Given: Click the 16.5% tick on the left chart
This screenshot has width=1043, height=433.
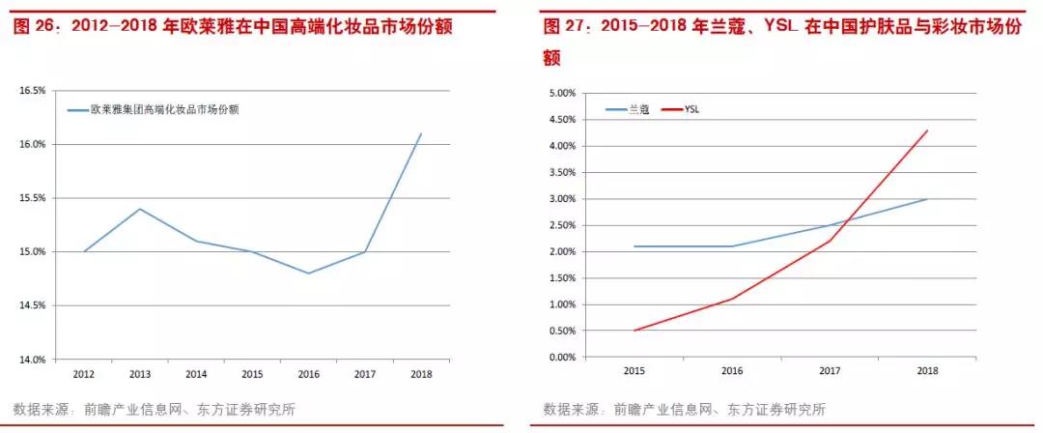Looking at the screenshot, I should click(33, 91).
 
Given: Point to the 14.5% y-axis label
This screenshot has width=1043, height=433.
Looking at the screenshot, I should click(33, 305).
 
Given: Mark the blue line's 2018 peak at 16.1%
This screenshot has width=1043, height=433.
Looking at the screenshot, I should click(421, 133).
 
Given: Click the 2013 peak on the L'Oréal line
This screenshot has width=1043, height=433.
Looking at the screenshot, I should click(141, 209).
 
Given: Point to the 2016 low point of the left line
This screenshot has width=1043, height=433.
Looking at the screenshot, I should click(309, 273).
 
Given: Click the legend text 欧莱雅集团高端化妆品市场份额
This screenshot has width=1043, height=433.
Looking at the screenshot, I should click(164, 110).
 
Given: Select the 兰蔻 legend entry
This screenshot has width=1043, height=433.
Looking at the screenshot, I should click(638, 110).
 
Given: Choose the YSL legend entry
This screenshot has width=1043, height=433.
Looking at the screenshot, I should click(691, 110).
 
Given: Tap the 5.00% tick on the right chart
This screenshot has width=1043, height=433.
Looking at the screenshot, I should click(561, 94).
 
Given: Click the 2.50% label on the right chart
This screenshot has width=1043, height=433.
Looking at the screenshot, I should click(561, 225).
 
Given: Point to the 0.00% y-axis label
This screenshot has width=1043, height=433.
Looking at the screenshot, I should click(561, 358).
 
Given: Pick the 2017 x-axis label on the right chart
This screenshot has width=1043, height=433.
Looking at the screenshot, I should click(831, 370).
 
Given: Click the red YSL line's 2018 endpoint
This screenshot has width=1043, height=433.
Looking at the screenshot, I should click(928, 130).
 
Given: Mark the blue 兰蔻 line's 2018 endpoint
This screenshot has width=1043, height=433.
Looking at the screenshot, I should click(928, 199).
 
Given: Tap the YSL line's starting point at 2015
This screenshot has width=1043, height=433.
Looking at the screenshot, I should click(634, 331).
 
